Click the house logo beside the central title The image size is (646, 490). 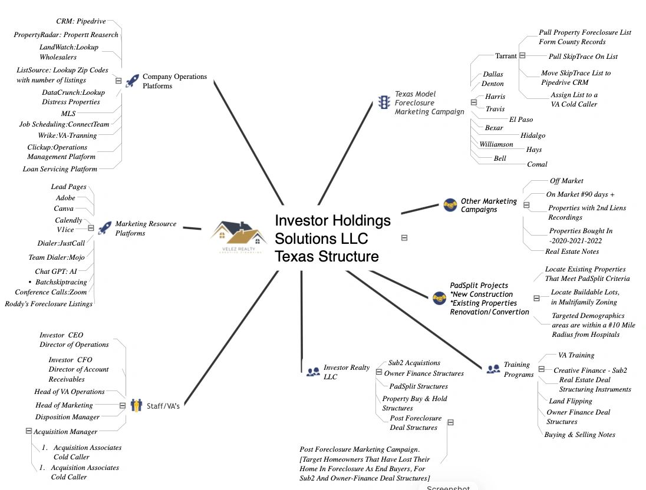point(238,236)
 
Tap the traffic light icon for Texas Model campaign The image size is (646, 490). point(384,102)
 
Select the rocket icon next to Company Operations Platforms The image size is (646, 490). point(132,81)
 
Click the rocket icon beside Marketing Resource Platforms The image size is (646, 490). point(105,228)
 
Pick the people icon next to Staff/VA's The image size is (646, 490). point(136,405)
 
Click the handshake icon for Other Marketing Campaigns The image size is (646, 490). point(450,204)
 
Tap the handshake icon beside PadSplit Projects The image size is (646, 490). point(439,298)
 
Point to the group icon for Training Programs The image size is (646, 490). point(493,369)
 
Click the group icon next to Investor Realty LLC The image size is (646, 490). point(313,372)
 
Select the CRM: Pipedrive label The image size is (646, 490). point(81,21)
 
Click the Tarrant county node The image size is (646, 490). point(506,56)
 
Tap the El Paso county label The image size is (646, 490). point(521,120)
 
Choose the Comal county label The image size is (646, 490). point(537,164)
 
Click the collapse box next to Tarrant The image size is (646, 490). point(522,55)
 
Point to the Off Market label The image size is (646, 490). point(566,181)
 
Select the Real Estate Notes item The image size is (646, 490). point(572,251)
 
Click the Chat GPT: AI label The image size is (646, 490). point(55,272)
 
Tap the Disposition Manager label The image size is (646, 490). point(67,417)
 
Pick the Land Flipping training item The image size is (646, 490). point(570,401)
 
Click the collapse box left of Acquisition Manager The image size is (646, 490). point(28,431)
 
